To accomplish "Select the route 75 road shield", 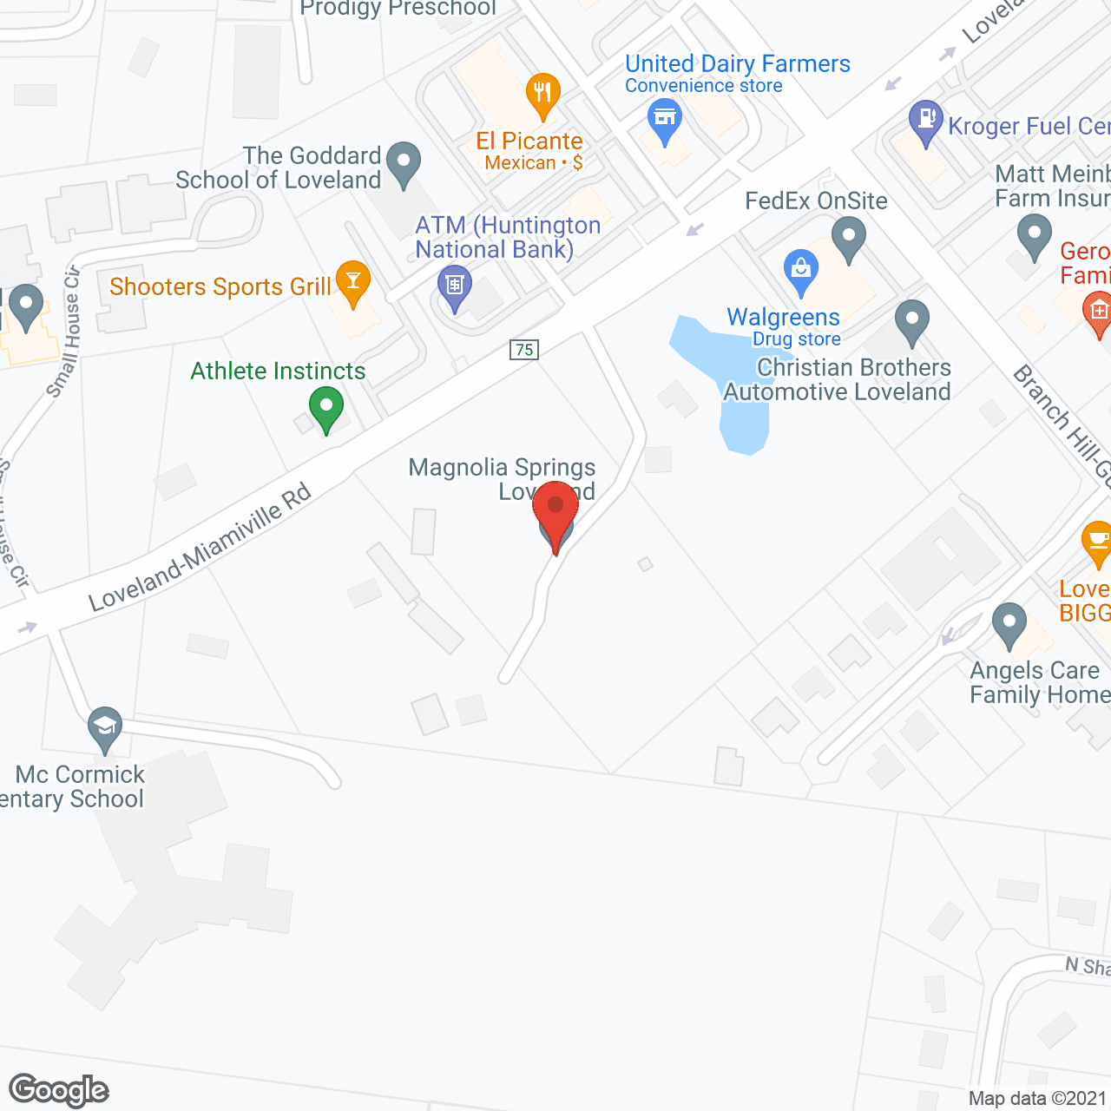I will point(524,350).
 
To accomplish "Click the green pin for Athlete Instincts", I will point(325,408).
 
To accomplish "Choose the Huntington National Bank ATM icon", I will point(454,285).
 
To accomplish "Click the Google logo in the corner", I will point(59,1090).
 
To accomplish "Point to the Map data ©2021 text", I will point(1038,1098).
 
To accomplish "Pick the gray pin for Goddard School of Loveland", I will point(403,161).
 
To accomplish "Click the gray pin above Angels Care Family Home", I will point(1009,622).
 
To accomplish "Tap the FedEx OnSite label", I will point(816,201).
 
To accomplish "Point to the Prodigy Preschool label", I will point(398,9).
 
